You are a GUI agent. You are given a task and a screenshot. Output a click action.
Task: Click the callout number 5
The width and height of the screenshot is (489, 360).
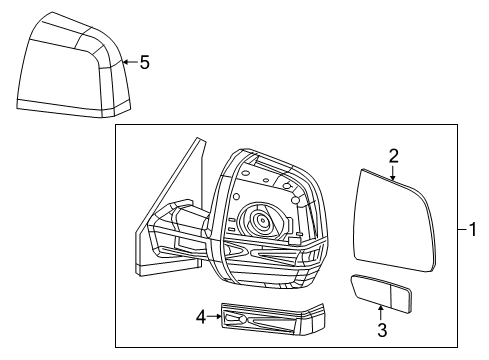pyautogui.click(x=144, y=62)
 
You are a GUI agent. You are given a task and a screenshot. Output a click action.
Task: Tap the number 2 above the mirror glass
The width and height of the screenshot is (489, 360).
pyautogui.click(x=394, y=155)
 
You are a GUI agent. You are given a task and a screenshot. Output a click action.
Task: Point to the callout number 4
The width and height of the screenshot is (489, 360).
pyautogui.click(x=200, y=317)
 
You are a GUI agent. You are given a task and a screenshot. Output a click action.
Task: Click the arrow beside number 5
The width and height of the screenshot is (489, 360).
pyautogui.click(x=128, y=62)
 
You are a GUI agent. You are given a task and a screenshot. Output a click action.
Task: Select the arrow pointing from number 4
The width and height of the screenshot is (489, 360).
pyautogui.click(x=214, y=317)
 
